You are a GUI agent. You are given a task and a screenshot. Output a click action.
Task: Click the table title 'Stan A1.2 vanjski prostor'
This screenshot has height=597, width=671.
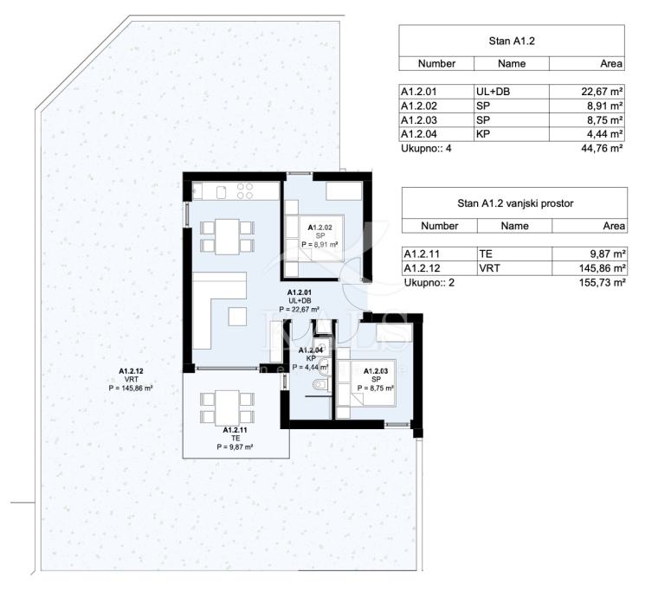(x=515, y=203)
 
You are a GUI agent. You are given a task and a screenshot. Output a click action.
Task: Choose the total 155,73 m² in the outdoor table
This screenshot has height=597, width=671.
(x=603, y=282)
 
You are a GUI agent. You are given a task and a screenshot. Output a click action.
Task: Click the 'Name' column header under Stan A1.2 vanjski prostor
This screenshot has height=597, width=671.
(x=514, y=226)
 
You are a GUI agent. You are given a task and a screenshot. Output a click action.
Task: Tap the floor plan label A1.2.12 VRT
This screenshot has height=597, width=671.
(x=131, y=379)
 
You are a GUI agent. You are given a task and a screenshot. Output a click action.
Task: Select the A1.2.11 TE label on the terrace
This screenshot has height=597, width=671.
(x=235, y=439)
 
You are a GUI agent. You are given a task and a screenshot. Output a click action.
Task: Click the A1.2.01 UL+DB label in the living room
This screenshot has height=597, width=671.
(x=300, y=300)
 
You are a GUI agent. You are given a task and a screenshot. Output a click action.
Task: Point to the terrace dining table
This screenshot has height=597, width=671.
(x=227, y=408)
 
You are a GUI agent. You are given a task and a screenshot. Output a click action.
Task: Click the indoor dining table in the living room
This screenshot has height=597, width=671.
(x=227, y=236)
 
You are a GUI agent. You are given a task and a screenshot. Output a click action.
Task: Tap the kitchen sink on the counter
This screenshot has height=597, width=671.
(x=221, y=192)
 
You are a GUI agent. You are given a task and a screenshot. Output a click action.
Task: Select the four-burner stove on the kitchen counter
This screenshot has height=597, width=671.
(x=245, y=191)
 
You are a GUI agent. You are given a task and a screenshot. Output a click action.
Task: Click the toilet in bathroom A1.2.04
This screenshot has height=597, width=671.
(x=319, y=385)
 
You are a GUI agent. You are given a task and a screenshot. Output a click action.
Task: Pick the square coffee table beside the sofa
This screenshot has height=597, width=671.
(x=237, y=317)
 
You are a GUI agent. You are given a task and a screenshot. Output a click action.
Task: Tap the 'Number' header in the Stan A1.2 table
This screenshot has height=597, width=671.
(x=436, y=63)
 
